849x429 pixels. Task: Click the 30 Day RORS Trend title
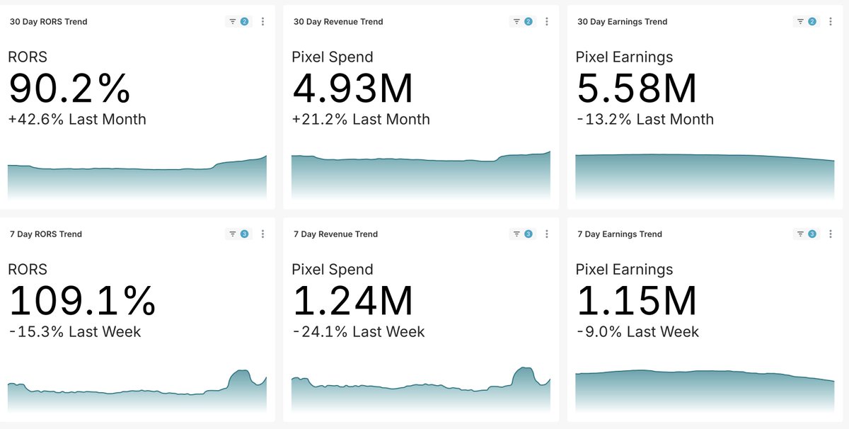point(48,22)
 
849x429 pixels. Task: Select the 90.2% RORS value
point(69,88)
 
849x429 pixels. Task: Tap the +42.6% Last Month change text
point(77,120)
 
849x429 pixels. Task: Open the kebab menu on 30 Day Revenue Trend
point(546,22)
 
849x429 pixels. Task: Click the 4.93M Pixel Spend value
point(352,88)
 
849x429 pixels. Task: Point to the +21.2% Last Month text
point(361,120)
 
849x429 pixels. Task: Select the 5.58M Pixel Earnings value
point(637,88)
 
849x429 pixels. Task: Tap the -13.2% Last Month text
point(645,120)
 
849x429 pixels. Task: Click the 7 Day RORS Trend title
point(45,234)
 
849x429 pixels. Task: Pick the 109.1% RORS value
point(82,301)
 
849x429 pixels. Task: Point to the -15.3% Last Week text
point(74,332)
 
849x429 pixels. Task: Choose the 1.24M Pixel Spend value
point(352,301)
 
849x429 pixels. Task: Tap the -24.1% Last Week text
point(358,332)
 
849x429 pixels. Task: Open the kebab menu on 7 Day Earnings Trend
point(830,234)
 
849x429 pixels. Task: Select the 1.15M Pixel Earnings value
point(637,301)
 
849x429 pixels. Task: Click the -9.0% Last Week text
point(637,332)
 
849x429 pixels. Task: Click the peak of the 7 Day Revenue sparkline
point(525,369)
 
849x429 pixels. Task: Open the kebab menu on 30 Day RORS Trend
point(262,22)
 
